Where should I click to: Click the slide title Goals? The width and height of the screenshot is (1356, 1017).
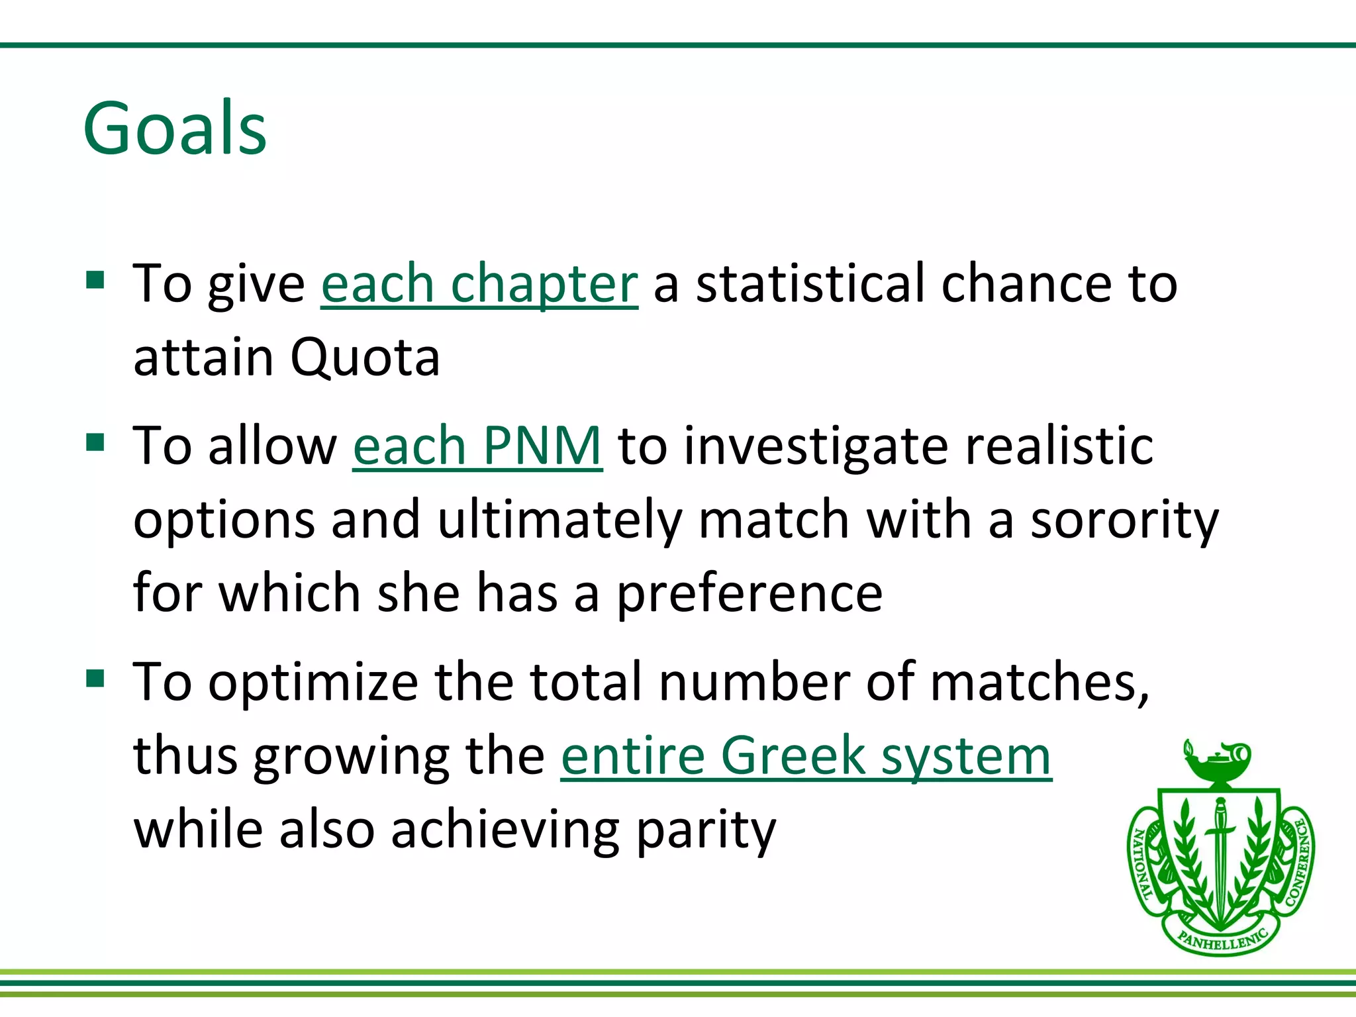(x=175, y=128)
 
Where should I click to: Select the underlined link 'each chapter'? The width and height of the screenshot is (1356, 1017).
(x=479, y=283)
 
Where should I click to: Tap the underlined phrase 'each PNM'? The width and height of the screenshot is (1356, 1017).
(x=477, y=446)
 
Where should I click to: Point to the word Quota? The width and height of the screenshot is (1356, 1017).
(x=365, y=358)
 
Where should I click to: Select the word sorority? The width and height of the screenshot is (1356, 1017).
(x=1124, y=520)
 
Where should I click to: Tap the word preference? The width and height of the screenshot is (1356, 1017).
(x=750, y=593)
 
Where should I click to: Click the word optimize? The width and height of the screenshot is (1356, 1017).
(x=313, y=682)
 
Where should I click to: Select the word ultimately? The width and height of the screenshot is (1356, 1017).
(x=559, y=520)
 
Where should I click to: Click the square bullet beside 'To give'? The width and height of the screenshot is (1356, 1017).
(x=95, y=280)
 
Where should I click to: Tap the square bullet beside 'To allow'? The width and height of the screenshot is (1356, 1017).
(x=95, y=442)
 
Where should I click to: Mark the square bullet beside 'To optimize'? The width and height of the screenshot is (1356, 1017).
(x=95, y=678)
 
